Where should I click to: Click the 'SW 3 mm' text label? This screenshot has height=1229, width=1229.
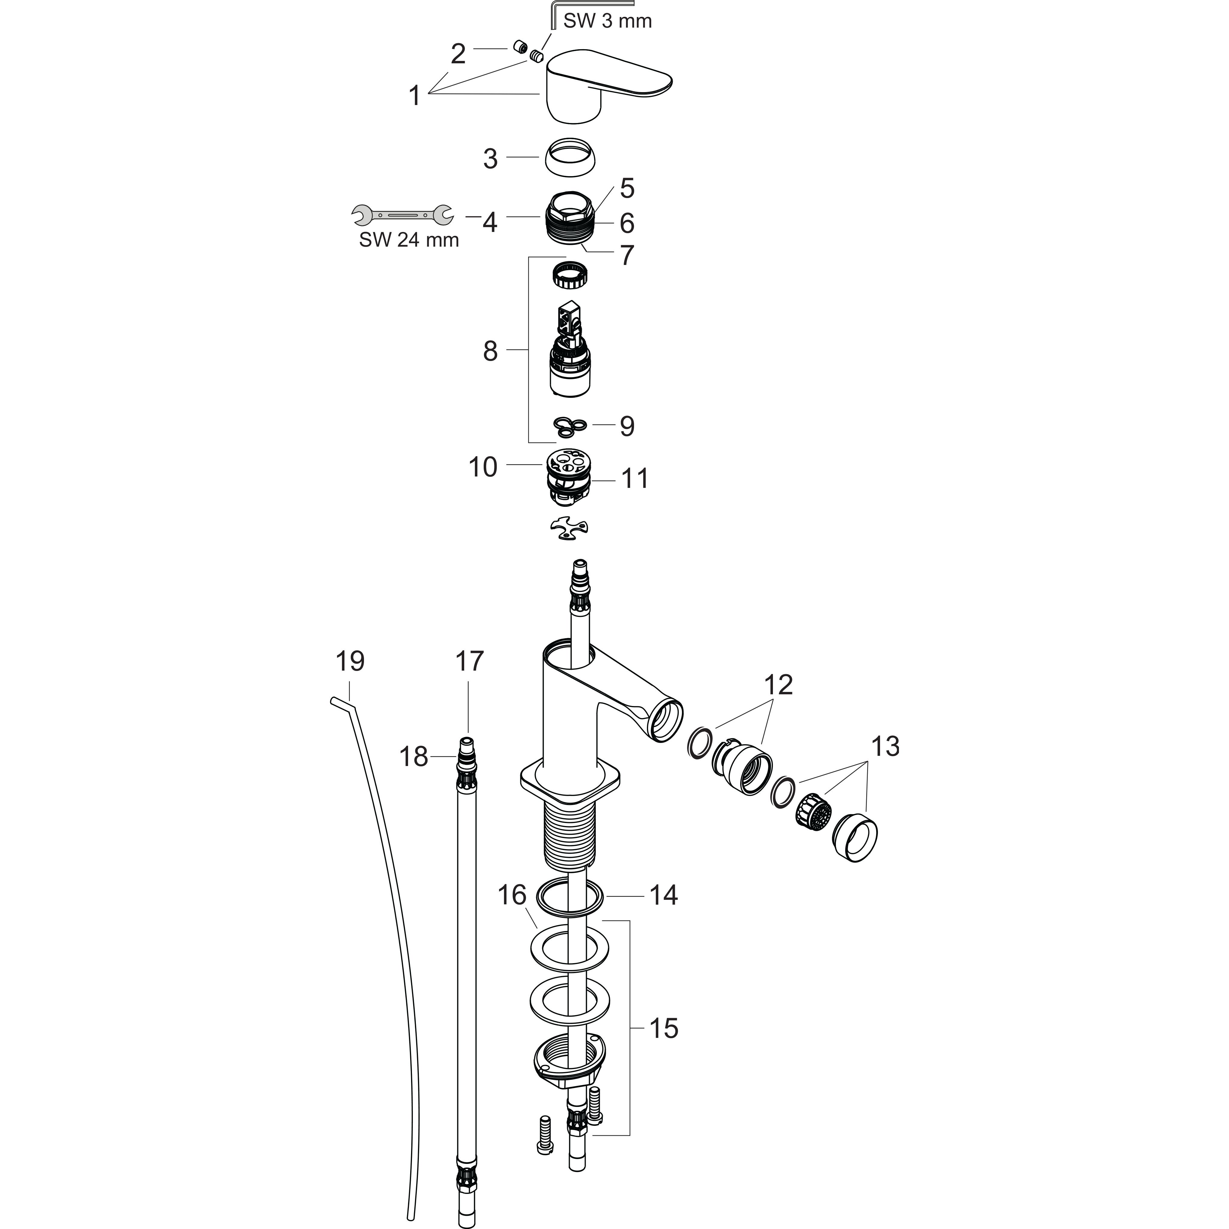tap(608, 21)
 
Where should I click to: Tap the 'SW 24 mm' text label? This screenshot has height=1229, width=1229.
tap(409, 240)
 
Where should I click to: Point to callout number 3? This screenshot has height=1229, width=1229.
tap(490, 158)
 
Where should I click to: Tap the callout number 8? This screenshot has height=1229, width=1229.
tap(490, 350)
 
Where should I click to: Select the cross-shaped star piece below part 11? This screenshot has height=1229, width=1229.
tap(569, 529)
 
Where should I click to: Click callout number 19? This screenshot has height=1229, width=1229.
tap(350, 662)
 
